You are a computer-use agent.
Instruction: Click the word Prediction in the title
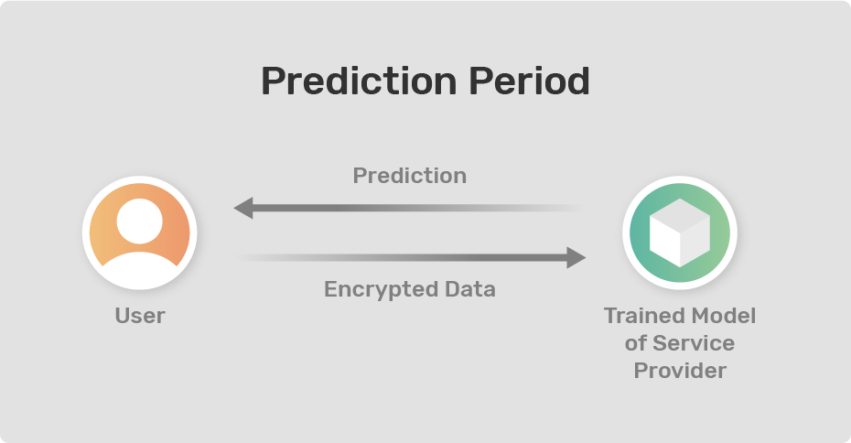(359, 81)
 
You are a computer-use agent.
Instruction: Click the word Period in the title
(529, 81)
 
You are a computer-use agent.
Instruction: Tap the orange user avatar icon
(139, 232)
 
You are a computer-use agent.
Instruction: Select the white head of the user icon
(139, 221)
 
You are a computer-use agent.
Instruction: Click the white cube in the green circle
(680, 232)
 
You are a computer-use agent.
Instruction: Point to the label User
(140, 316)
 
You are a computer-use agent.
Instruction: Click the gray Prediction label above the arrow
(410, 176)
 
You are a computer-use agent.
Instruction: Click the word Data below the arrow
(470, 289)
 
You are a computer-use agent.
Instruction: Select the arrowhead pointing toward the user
(243, 208)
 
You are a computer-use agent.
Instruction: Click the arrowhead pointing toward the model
(576, 257)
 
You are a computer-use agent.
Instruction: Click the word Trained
(635, 316)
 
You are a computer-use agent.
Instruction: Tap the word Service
(694, 343)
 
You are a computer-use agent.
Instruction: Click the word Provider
(680, 371)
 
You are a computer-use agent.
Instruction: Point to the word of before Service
(636, 343)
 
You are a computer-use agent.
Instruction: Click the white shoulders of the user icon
(139, 270)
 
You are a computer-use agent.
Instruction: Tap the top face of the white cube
(680, 213)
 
